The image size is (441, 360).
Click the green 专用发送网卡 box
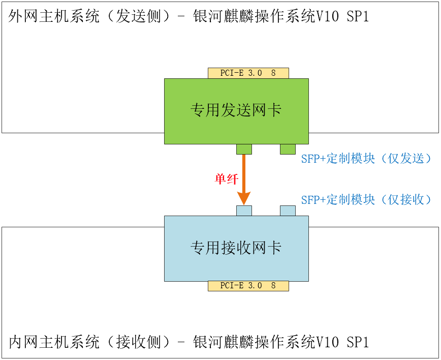pyautogui.click(x=236, y=111)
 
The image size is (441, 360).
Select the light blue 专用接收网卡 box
pyautogui.click(x=236, y=249)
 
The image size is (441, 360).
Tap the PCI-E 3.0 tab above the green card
pyautogui.click(x=248, y=73)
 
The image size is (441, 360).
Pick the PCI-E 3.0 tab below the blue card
pyautogui.click(x=248, y=286)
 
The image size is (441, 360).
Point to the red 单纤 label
pyautogui.click(x=227, y=179)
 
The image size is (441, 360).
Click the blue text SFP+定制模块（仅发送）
pyautogui.click(x=366, y=159)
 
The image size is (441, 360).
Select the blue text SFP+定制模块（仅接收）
pyautogui.click(x=366, y=200)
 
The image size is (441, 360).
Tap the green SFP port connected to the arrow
pyautogui.click(x=244, y=149)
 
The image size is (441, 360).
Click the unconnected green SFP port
pyautogui.click(x=288, y=149)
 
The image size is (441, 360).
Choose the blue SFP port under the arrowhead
pyautogui.click(x=244, y=211)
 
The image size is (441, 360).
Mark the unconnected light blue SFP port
pyautogui.click(x=288, y=211)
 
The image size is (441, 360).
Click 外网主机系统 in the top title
pyautogui.click(x=54, y=16)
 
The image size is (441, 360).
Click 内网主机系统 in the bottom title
pyautogui.click(x=54, y=342)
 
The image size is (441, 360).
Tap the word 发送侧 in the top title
pyautogui.click(x=139, y=16)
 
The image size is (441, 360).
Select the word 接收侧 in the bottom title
pyautogui.click(x=139, y=342)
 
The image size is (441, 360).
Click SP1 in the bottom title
pyautogui.click(x=358, y=342)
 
